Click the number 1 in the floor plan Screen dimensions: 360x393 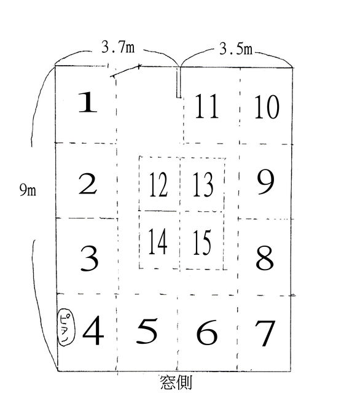[x=88, y=102]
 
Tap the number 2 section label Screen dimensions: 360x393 [x=88, y=184]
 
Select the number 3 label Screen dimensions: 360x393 [x=89, y=259]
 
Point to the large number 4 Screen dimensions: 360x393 [x=93, y=330]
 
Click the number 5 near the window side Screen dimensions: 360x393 [x=147, y=331]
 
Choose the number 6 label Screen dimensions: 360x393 [x=207, y=332]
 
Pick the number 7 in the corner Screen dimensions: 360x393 [x=265, y=333]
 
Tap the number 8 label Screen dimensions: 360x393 [x=265, y=257]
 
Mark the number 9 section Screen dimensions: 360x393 [x=266, y=182]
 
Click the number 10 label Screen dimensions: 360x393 [x=267, y=107]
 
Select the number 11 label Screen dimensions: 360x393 [x=207, y=106]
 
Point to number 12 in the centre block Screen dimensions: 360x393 [x=158, y=184]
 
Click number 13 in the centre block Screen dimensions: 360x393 [x=203, y=185]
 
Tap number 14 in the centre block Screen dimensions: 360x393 [x=158, y=241]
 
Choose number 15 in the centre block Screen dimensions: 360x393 [x=202, y=243]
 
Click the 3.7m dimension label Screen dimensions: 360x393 [x=118, y=47]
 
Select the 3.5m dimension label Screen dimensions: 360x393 [x=236, y=49]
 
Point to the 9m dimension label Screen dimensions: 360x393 [x=28, y=190]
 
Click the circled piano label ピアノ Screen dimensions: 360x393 [x=66, y=327]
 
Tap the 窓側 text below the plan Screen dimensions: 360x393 [x=176, y=382]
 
